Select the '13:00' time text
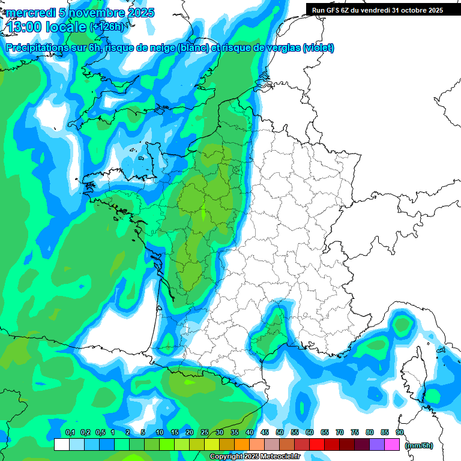[x=25, y=26]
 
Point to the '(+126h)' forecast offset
[x=107, y=26]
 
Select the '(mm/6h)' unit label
[x=419, y=445]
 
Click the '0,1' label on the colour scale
[x=70, y=433]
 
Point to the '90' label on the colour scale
[x=399, y=433]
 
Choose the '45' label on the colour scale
[x=265, y=433]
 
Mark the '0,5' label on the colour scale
[x=100, y=433]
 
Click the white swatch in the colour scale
[x=61, y=445]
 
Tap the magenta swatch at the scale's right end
[x=392, y=445]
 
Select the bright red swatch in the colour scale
[x=317, y=445]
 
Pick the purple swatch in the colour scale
[x=377, y=445]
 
